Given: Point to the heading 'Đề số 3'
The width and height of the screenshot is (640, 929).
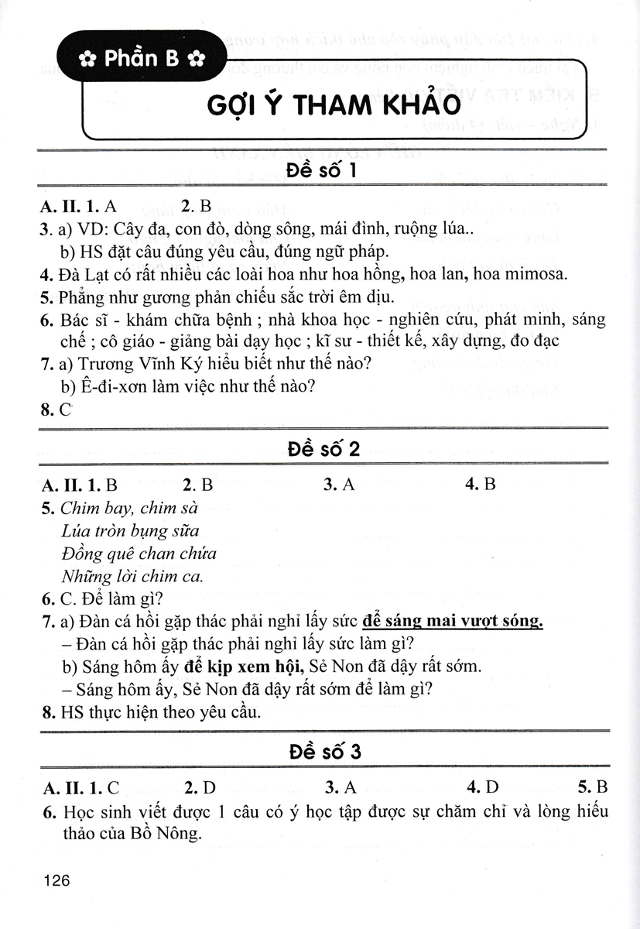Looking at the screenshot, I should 320,752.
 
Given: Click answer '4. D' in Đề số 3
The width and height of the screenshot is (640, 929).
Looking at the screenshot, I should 482,789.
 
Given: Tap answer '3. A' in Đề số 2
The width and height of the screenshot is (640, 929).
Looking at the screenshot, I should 339,485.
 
